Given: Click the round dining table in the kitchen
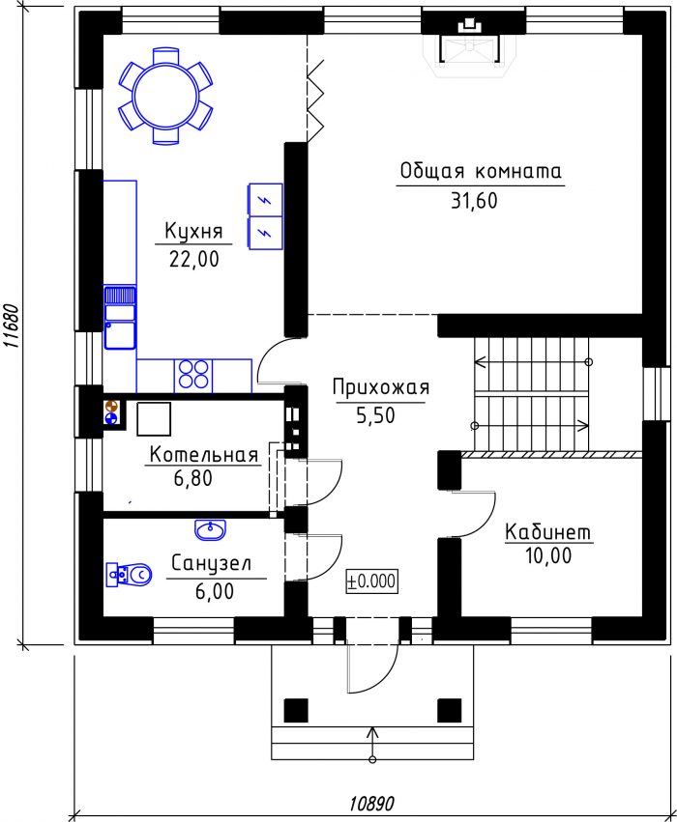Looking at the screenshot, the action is pyautogui.click(x=165, y=96).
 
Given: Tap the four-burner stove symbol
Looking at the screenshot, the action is pyautogui.click(x=193, y=375).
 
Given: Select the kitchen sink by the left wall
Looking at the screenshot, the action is pyautogui.click(x=120, y=318).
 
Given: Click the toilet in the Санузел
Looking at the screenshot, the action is pyautogui.click(x=130, y=575).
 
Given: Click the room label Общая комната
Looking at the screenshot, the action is pyautogui.click(x=481, y=171).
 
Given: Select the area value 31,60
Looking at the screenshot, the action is pyautogui.click(x=474, y=201).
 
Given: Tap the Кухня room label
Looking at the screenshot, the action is pyautogui.click(x=193, y=231).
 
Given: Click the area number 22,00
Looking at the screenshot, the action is pyautogui.click(x=194, y=259).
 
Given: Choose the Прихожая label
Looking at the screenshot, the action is pyautogui.click(x=381, y=387).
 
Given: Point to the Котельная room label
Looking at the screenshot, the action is pyautogui.click(x=204, y=454).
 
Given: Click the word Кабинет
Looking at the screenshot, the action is pyautogui.click(x=548, y=532).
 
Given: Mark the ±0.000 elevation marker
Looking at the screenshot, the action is pyautogui.click(x=371, y=581).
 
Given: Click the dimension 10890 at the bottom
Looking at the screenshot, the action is pyautogui.click(x=371, y=803).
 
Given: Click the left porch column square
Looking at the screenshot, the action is pyautogui.click(x=296, y=710).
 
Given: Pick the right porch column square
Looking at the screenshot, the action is pyautogui.click(x=449, y=710).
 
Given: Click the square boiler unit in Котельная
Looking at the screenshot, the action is pyautogui.click(x=154, y=419).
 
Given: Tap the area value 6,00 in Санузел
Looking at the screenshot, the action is pyautogui.click(x=214, y=591).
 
